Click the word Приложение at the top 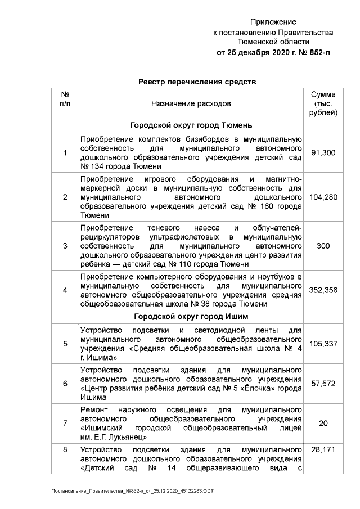pyautogui.click(x=273, y=22)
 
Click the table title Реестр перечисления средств pyautogui.click(x=197, y=82)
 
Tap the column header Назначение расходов pyautogui.click(x=191, y=104)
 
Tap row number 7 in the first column pyautogui.click(x=65, y=423)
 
